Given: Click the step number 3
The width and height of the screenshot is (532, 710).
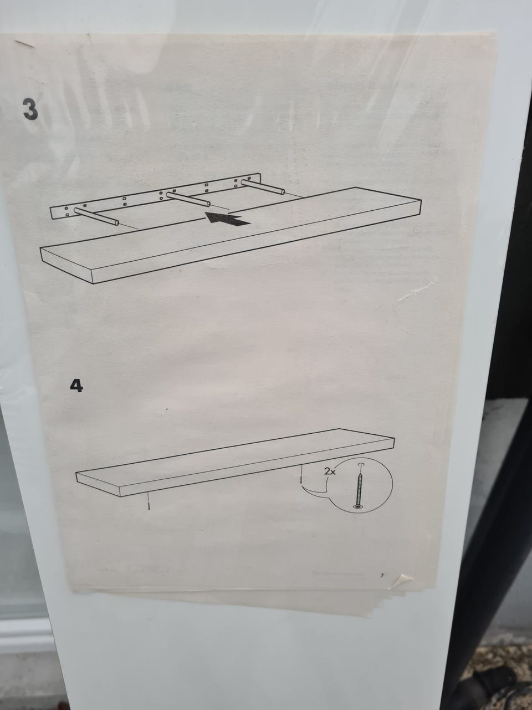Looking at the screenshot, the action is [30, 109].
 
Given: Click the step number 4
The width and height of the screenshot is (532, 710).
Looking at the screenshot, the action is [76, 386].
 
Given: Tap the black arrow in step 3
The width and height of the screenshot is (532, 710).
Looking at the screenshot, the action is [228, 219].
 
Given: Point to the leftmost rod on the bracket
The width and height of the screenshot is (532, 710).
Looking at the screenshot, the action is [96, 216].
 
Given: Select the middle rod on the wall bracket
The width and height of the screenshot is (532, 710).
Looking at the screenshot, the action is [188, 199].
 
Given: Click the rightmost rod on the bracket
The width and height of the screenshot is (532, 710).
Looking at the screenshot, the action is [263, 186].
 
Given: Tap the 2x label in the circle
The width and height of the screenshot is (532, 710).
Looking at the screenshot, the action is [330, 471].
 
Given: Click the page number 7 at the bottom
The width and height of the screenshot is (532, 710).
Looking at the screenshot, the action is [381, 575].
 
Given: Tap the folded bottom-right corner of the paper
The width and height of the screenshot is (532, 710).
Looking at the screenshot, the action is [406, 579].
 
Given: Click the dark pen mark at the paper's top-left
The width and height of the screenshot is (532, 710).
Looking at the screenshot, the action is [24, 44].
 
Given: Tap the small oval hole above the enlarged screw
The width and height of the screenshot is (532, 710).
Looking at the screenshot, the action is [361, 464].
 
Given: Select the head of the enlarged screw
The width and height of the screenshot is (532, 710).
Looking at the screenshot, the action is [358, 507].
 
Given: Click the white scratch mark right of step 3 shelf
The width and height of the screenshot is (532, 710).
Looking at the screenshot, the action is [417, 290].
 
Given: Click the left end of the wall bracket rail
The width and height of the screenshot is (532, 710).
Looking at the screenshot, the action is [52, 213].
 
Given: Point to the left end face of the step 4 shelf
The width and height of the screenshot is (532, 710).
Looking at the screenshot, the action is [98, 484].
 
